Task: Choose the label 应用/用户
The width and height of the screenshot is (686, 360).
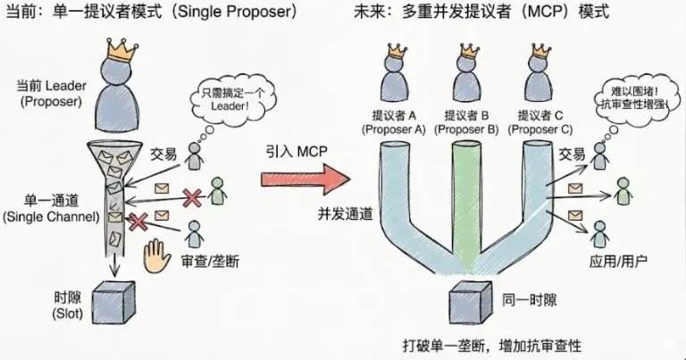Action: (x=626, y=260)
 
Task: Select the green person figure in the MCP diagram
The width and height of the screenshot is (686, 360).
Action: (x=623, y=189)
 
